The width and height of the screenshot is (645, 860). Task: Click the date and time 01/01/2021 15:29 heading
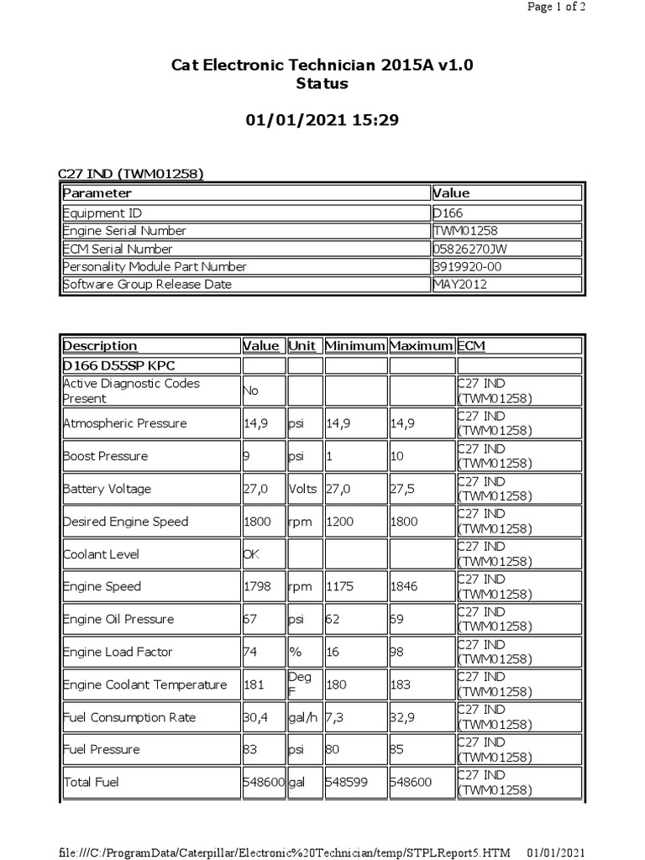[x=322, y=121]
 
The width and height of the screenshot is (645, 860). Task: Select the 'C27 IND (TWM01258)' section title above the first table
[x=130, y=174]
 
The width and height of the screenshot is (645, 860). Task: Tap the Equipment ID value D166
[x=454, y=213]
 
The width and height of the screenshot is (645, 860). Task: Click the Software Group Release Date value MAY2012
[x=460, y=284]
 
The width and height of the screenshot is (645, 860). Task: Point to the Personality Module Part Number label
[x=155, y=266]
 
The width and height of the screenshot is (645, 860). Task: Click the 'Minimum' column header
[x=355, y=346]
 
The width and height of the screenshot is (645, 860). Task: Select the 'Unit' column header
[x=302, y=346]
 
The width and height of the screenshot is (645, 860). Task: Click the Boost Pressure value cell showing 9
[x=247, y=456]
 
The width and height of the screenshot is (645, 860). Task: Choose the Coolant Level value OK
[x=251, y=554]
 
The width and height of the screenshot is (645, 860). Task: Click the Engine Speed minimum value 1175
[x=342, y=586]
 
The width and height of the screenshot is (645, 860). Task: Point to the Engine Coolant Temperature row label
[x=144, y=684]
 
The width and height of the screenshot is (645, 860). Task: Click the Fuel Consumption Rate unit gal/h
[x=305, y=717]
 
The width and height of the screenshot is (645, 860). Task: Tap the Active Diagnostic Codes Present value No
[x=251, y=391]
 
